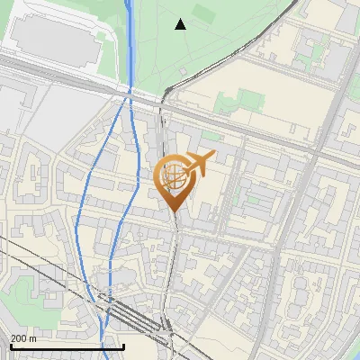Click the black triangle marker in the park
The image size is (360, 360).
(181, 24)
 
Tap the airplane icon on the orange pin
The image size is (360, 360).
(199, 164)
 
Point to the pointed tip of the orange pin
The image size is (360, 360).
(172, 211)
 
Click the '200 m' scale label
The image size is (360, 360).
(23, 338)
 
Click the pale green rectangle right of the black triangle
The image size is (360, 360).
(203, 14)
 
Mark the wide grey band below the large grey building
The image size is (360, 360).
(54, 77)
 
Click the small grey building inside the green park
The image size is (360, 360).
(183, 70)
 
